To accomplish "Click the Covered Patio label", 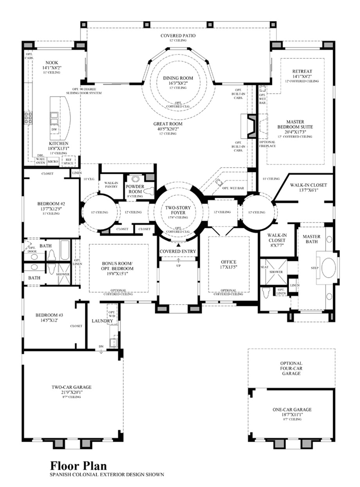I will [x=178, y=36].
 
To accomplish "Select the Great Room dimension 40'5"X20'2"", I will [x=167, y=129].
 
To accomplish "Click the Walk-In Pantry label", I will [x=111, y=185].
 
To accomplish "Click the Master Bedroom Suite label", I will [x=296, y=124].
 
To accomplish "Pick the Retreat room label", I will [x=302, y=71].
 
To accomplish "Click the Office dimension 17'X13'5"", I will [x=229, y=267].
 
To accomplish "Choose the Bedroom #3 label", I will [x=47, y=315].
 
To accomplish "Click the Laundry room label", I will [x=103, y=321].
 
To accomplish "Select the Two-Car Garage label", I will [x=71, y=387].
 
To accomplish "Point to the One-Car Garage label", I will [x=292, y=409].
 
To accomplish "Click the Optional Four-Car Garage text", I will [x=291, y=368].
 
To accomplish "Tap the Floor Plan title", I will [x=78, y=466].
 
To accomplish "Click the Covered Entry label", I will [x=178, y=251].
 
